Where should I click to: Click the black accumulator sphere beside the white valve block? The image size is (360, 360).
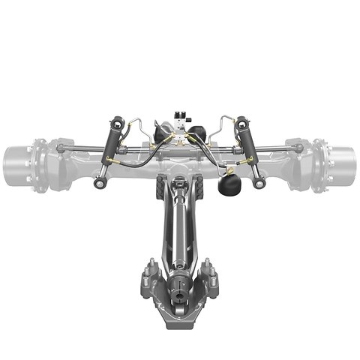pyautogui.click(x=196, y=134)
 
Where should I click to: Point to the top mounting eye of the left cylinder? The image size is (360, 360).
pyautogui.click(x=115, y=121)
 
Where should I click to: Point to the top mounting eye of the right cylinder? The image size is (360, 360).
pyautogui.click(x=241, y=121)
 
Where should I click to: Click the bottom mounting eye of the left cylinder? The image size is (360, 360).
pyautogui.click(x=99, y=184)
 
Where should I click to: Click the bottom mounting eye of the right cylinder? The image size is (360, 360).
pyautogui.click(x=259, y=184)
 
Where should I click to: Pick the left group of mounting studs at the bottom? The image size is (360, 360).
pyautogui.click(x=149, y=274)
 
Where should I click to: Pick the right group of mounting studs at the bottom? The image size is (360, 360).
pyautogui.click(x=210, y=274)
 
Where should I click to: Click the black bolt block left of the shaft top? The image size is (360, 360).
pyautogui.click(x=159, y=188)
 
